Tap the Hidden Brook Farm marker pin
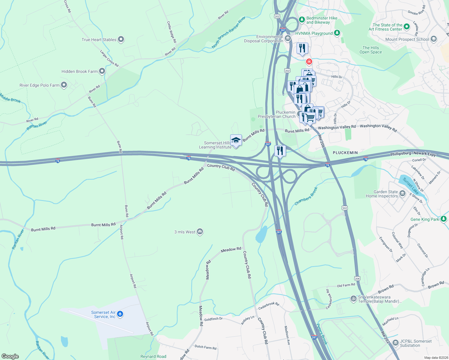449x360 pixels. (102, 71)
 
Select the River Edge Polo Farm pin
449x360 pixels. (64, 85)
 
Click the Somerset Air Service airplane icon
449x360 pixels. (120, 314)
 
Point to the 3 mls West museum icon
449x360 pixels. (200, 232)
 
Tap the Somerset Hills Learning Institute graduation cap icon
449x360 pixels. (236, 140)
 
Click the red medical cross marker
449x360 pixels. (309, 62)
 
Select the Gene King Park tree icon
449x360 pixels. (444, 219)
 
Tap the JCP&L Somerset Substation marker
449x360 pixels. (395, 343)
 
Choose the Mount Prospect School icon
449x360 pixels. (433, 39)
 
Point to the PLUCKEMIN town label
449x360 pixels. (345, 153)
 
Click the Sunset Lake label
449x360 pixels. (411, 186)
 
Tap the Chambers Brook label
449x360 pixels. (306, 196)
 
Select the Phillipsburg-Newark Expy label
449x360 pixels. (413, 154)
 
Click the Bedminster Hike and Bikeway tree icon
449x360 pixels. (302, 20)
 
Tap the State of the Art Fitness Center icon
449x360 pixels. (407, 27)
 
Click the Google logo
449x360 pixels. (10, 356)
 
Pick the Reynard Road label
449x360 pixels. (153, 356)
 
